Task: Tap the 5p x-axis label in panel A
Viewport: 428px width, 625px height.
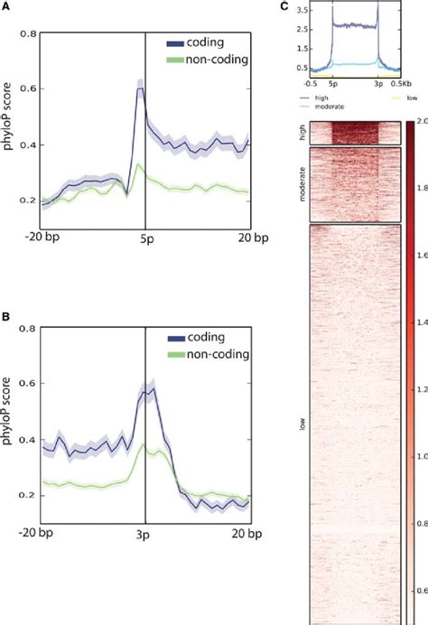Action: tap(145, 239)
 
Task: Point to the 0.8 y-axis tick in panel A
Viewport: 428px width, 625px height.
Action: tap(30, 34)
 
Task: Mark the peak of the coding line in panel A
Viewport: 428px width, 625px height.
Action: tap(140, 88)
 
